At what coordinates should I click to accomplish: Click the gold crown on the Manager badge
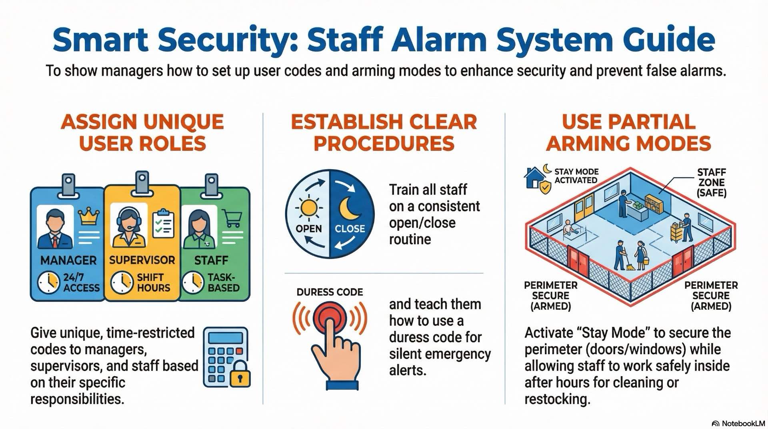coord(89,217)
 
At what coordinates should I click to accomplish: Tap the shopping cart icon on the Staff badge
coord(233,219)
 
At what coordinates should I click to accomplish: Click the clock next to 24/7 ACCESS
coord(48,283)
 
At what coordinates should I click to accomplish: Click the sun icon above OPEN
coord(309,208)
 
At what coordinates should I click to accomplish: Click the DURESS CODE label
coord(330,292)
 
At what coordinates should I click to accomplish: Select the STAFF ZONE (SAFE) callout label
coord(711,182)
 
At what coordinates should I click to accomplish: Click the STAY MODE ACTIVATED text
coord(576,176)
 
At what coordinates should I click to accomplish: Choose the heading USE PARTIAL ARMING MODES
coord(628,132)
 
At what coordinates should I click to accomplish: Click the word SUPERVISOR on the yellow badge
coord(142,260)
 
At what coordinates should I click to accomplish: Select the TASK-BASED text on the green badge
coord(223,283)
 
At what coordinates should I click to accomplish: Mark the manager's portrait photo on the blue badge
coord(55,227)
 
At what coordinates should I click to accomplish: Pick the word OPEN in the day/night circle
coord(308,229)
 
